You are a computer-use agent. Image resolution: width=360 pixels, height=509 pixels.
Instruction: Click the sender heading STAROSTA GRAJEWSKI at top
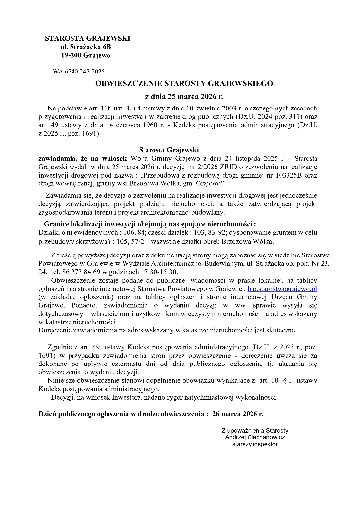(87, 38)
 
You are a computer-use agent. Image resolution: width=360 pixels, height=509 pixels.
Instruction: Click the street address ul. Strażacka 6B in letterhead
(86, 47)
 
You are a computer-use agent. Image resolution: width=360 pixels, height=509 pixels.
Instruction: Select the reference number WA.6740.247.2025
(78, 72)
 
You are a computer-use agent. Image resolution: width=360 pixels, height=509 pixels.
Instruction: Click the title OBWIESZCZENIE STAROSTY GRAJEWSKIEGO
(184, 84)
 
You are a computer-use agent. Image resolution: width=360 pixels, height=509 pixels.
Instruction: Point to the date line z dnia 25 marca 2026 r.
(184, 96)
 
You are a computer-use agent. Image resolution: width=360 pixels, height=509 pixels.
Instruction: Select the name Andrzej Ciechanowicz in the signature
(255, 437)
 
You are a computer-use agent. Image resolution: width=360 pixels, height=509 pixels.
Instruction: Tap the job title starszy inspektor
(255, 444)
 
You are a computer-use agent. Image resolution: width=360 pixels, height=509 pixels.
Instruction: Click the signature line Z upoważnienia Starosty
(255, 430)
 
